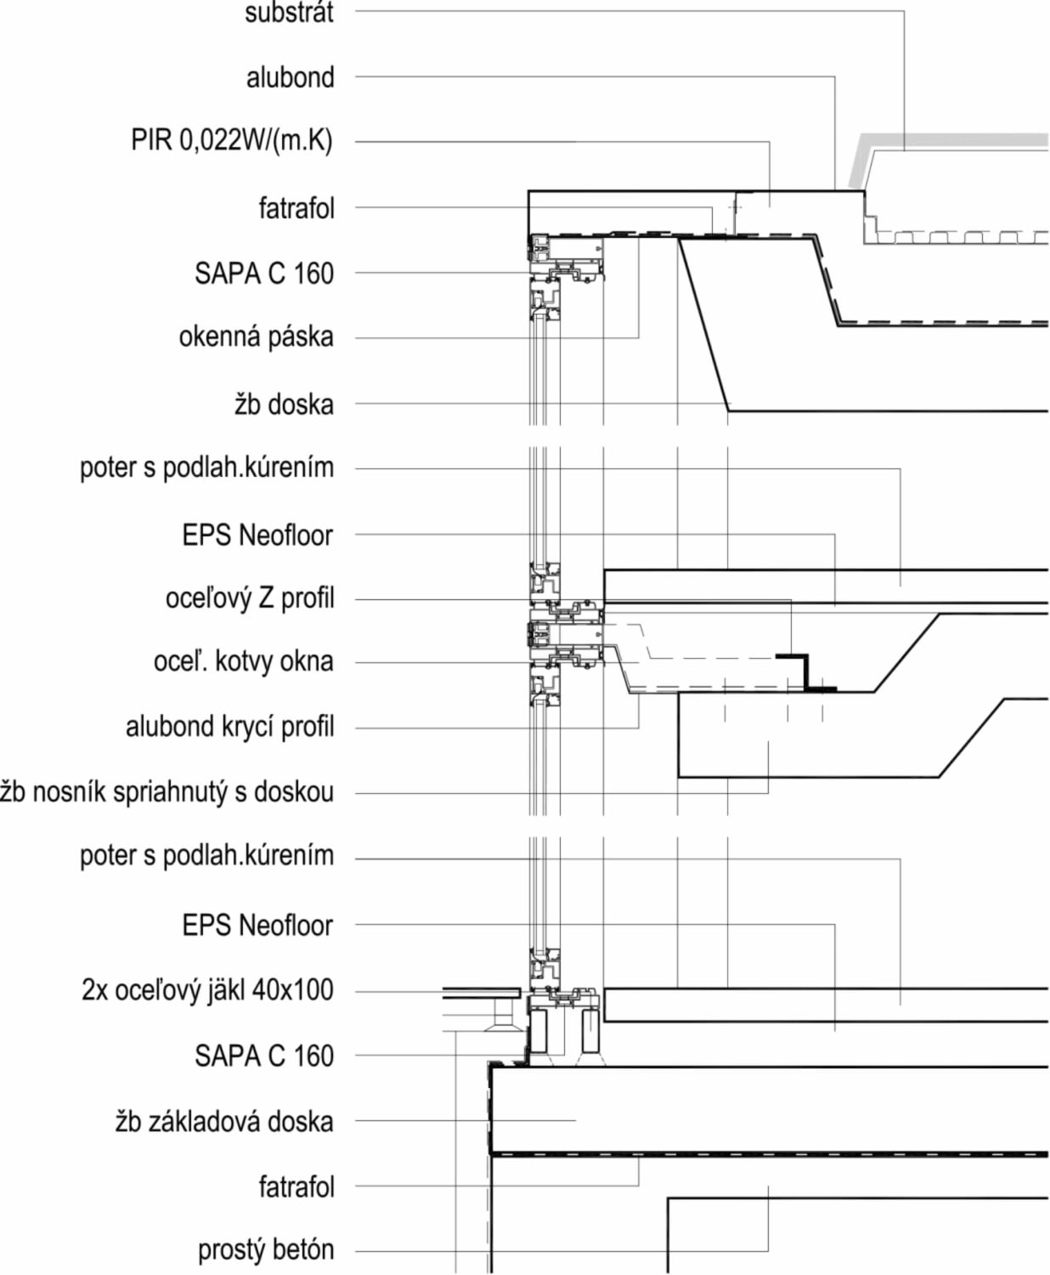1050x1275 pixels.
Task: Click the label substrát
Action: click(290, 13)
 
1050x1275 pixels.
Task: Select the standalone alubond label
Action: click(290, 77)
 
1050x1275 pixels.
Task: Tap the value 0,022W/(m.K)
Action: click(257, 141)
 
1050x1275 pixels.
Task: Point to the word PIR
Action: click(152, 140)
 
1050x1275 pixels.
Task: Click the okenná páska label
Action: click(257, 337)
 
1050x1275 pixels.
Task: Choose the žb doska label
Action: click(285, 405)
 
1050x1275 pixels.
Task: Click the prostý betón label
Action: click(266, 1249)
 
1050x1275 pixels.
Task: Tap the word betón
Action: click(301, 1249)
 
